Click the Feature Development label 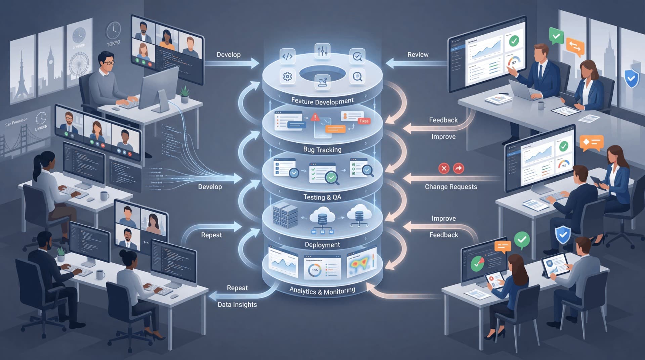click(x=322, y=101)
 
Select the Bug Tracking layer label click(x=322, y=149)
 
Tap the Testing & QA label click(x=322, y=197)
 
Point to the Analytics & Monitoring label click(x=322, y=291)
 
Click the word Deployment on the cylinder click(x=322, y=245)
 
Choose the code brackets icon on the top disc click(x=287, y=56)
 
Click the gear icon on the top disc click(x=287, y=77)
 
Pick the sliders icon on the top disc click(x=322, y=51)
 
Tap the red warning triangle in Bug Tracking click(x=315, y=117)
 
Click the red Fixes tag click(x=364, y=121)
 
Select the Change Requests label click(x=451, y=187)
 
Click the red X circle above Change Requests click(x=444, y=168)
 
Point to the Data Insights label click(x=237, y=305)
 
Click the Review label click(x=418, y=55)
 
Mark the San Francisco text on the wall click(x=16, y=122)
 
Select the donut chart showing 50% click(x=315, y=270)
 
